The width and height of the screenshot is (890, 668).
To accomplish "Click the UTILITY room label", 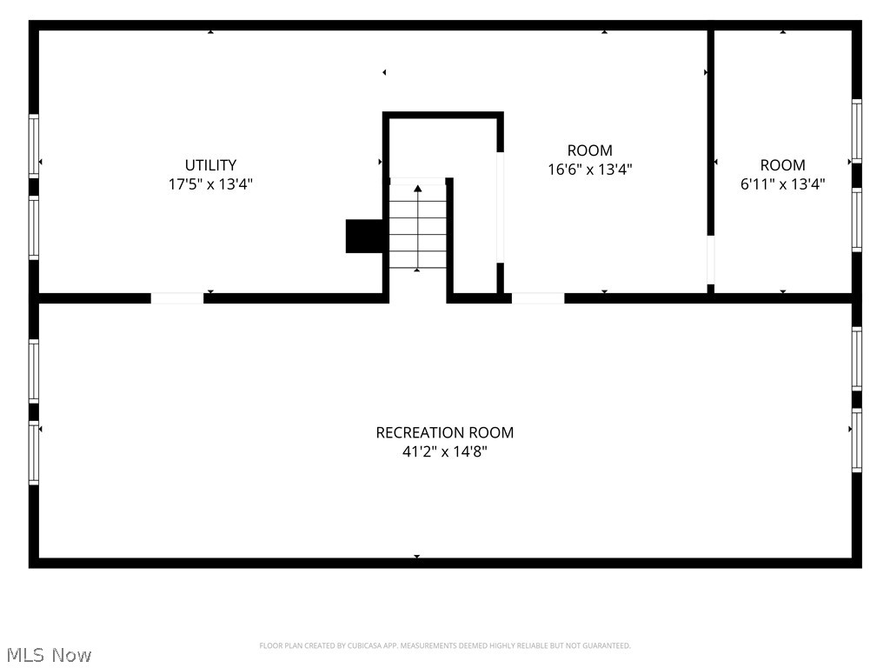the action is click(210, 164).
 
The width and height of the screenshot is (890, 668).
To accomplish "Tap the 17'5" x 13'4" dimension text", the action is click(210, 184).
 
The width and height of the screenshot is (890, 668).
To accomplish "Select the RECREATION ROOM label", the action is click(444, 432).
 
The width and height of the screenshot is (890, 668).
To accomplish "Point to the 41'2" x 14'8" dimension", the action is click(444, 451).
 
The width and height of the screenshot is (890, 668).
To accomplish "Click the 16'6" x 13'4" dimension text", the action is click(590, 170).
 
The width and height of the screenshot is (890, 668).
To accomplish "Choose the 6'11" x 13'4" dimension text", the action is click(782, 184).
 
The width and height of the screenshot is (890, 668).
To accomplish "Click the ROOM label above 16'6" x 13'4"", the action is click(590, 150).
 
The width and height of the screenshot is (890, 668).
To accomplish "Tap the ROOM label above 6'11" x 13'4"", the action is click(782, 164).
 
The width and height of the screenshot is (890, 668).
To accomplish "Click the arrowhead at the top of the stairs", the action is click(418, 188).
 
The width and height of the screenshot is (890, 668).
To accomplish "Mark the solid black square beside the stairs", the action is click(364, 236).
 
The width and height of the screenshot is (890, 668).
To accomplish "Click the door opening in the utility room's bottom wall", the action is click(177, 298).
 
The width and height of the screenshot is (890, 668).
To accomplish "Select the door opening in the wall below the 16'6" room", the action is click(538, 298).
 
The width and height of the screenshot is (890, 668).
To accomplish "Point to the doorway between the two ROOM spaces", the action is click(711, 259).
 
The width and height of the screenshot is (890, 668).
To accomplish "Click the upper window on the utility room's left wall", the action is click(34, 146).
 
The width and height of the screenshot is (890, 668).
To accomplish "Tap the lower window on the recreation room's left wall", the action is click(34, 452).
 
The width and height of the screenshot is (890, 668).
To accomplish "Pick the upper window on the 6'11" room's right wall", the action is click(856, 131).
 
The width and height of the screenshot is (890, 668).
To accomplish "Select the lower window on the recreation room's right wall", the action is click(856, 440).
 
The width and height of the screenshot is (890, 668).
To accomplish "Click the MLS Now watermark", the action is click(49, 655).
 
